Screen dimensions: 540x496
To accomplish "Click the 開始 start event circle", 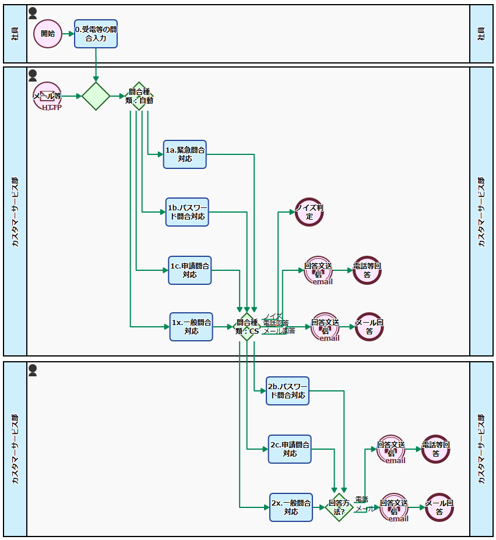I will pyautogui.click(x=47, y=34).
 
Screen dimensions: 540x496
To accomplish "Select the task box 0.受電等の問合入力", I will pyautogui.click(x=96, y=34).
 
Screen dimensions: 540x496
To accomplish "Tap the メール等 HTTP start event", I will pyautogui.click(x=47, y=96).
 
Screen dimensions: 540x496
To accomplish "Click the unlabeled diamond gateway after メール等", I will pyautogui.click(x=96, y=96).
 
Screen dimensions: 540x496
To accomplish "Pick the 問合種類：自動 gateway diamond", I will pyautogui.click(x=139, y=96).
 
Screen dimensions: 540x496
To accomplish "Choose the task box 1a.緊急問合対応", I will pyautogui.click(x=185, y=154).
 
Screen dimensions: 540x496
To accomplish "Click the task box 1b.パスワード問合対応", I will pyautogui.click(x=187, y=212).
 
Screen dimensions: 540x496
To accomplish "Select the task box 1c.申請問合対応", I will pyautogui.click(x=190, y=270).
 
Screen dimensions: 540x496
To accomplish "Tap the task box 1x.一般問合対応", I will pyautogui.click(x=191, y=327).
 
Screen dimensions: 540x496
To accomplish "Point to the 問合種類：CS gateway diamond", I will pyautogui.click(x=247, y=327).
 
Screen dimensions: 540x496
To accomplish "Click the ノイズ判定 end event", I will pyautogui.click(x=309, y=212).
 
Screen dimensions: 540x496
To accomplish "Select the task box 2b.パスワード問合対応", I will pyautogui.click(x=287, y=391).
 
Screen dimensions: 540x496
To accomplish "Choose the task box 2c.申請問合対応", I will pyautogui.click(x=290, y=449).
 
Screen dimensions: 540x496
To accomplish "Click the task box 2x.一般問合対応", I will pyautogui.click(x=291, y=507).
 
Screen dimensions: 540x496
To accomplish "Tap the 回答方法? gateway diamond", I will pyautogui.click(x=339, y=507).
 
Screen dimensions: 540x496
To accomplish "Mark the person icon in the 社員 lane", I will pyautogui.click(x=33, y=13).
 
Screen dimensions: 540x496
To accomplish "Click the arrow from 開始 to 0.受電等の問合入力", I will pyautogui.click(x=68, y=34).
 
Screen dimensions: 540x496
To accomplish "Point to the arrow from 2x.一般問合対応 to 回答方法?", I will pyautogui.click(x=319, y=507).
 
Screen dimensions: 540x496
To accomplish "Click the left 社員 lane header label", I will pyautogui.click(x=15, y=34).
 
